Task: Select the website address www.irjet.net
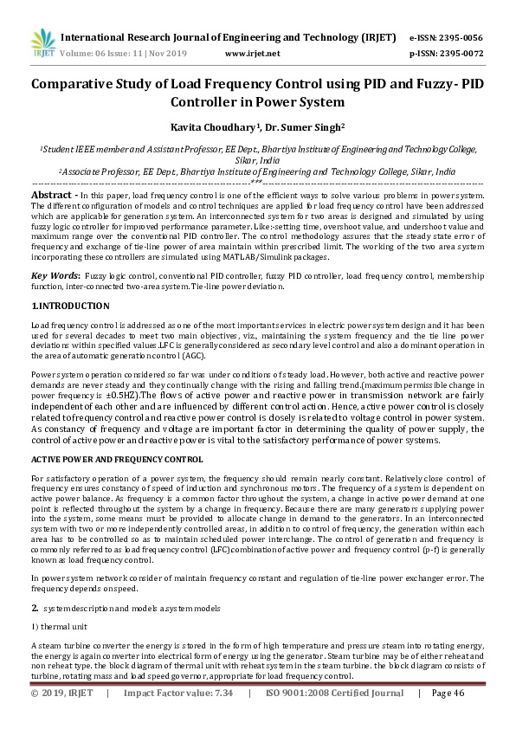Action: (252, 54)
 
